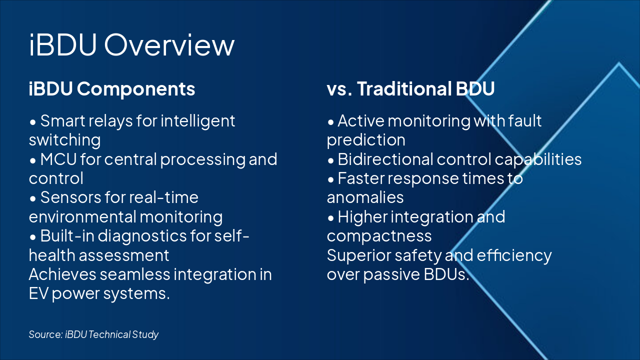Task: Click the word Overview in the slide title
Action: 169,45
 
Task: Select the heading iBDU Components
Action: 112,89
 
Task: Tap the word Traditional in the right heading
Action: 404,88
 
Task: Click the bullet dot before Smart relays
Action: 33,122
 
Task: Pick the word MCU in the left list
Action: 58,159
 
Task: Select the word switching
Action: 65,140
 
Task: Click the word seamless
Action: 135,274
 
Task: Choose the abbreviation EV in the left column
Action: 38,293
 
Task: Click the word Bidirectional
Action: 385,159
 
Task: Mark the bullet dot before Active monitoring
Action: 330,122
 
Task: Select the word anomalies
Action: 365,197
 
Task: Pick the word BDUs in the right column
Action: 446,274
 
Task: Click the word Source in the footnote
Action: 45,334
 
